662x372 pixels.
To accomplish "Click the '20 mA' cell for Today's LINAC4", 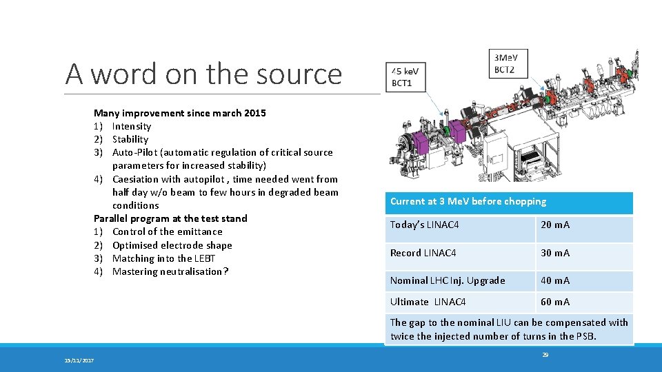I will [x=555, y=225].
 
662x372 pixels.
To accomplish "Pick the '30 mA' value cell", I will [x=555, y=253].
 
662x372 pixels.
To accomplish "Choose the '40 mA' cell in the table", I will [x=555, y=280].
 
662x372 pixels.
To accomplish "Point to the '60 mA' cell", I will [x=555, y=302].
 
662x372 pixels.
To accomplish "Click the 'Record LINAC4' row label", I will [x=423, y=253].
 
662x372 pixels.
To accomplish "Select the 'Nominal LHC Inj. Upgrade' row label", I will [x=447, y=280].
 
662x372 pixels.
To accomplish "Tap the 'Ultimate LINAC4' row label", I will [x=428, y=302].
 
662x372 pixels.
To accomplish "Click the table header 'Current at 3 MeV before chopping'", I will [x=468, y=202].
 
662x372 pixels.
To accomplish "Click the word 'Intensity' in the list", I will [x=131, y=126].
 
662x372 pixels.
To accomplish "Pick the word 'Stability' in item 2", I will [x=130, y=139].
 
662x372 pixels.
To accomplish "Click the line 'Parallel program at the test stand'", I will [x=170, y=218].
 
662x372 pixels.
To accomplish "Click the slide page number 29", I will [x=545, y=355].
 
